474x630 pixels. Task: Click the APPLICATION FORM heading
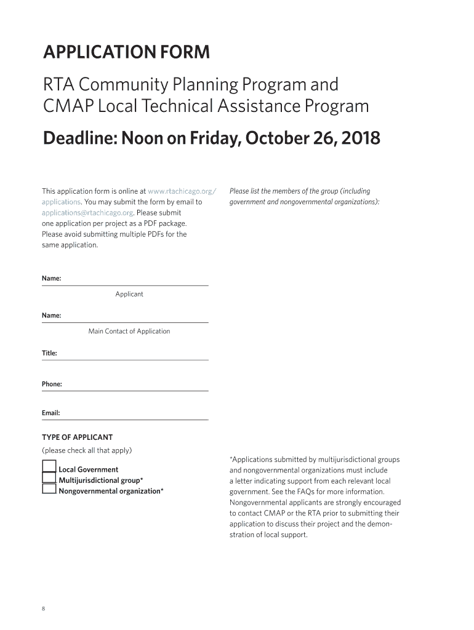(x=126, y=53)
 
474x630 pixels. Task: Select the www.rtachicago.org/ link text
(x=182, y=191)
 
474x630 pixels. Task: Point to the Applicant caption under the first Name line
(x=129, y=294)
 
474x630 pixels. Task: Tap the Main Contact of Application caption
(x=129, y=331)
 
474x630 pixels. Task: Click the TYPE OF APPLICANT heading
(x=77, y=437)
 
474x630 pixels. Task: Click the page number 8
(x=44, y=608)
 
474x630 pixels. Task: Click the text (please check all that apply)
(x=87, y=450)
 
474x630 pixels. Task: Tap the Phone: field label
(x=52, y=384)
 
